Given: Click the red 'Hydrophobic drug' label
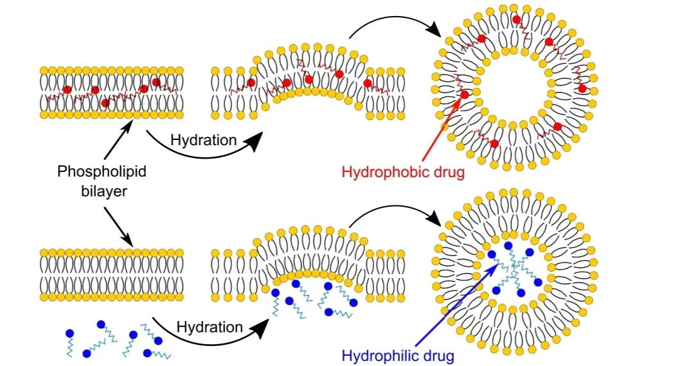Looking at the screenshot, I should click(402, 172).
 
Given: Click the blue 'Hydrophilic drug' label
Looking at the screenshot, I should click(398, 355).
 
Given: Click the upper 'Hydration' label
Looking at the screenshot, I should click(204, 139).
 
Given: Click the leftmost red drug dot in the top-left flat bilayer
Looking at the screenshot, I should click(67, 90).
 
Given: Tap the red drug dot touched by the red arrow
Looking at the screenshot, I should click(465, 95).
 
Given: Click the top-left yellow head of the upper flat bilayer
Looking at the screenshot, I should click(44, 69).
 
